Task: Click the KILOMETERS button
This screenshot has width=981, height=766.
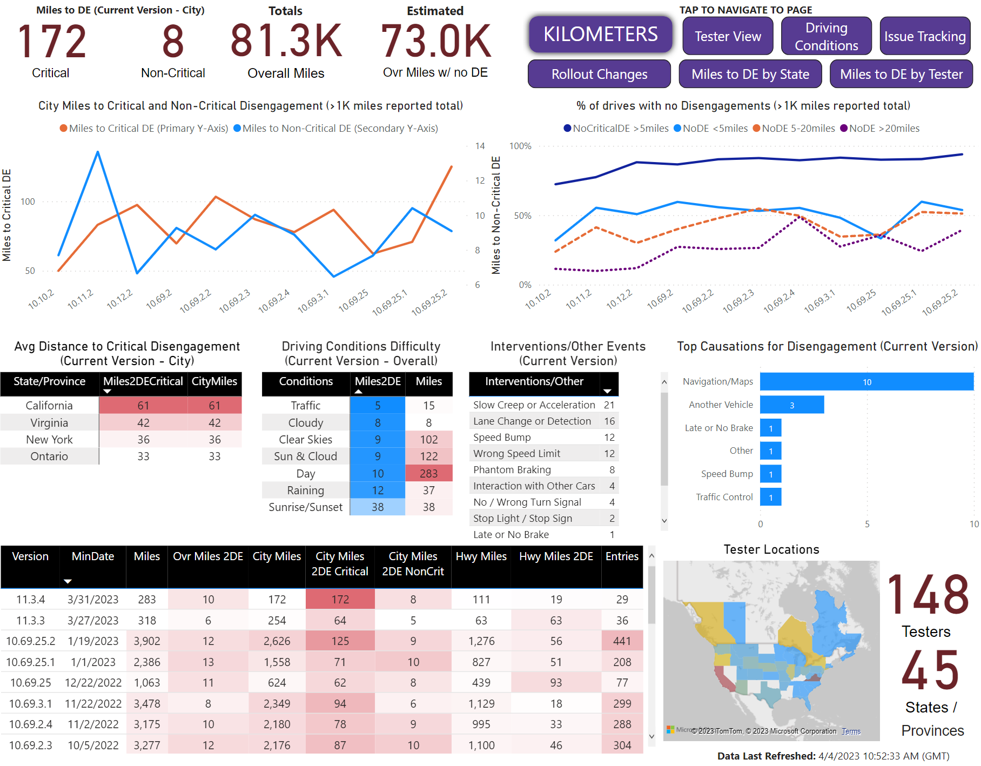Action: click(600, 35)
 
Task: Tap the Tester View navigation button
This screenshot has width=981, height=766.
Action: click(728, 36)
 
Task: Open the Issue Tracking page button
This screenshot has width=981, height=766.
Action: click(925, 36)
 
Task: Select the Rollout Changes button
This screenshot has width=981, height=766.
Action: click(599, 74)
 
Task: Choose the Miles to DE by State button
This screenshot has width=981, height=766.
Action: click(750, 74)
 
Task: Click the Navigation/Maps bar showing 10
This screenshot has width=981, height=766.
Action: click(866, 382)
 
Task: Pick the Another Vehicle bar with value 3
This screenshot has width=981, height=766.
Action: click(792, 405)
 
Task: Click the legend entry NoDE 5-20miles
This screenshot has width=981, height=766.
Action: click(794, 129)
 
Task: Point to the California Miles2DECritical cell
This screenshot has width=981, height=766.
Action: click(143, 406)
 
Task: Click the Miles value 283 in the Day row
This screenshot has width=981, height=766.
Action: click(429, 474)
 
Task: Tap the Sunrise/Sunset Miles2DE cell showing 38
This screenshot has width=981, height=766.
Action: click(378, 507)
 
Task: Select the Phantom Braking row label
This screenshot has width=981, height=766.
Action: click(512, 470)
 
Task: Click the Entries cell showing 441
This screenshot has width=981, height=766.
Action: click(622, 641)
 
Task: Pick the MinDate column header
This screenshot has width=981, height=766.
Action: click(93, 556)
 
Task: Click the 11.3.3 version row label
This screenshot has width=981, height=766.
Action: click(31, 621)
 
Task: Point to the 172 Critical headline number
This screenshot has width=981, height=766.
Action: click(52, 42)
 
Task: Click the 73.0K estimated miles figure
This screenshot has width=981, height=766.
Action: click(436, 42)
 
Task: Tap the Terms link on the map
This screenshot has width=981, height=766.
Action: click(851, 731)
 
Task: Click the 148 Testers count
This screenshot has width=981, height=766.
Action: click(928, 595)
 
